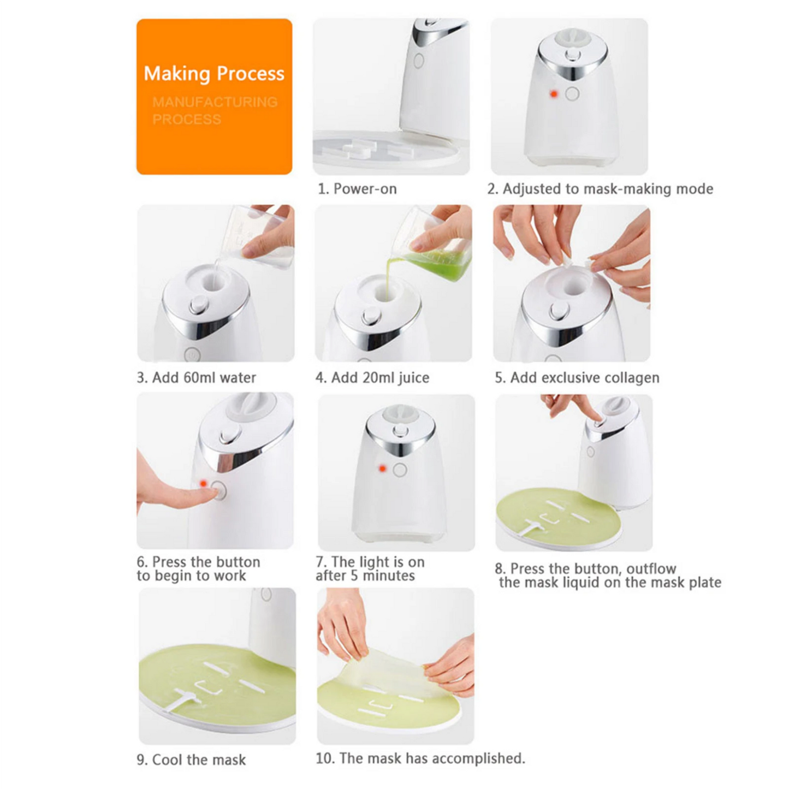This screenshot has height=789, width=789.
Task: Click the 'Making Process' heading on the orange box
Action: (x=213, y=73)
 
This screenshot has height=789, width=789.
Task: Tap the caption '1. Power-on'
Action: (x=357, y=189)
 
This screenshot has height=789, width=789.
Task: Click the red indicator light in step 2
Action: (x=553, y=94)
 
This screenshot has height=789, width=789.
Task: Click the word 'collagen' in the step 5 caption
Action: (x=636, y=378)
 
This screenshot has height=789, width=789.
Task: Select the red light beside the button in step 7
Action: (x=382, y=468)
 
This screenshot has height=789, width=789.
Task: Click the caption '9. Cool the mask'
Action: (x=191, y=760)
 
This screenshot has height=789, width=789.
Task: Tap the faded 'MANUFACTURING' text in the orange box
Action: (x=215, y=102)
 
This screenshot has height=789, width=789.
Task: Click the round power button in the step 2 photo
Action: (x=572, y=94)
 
